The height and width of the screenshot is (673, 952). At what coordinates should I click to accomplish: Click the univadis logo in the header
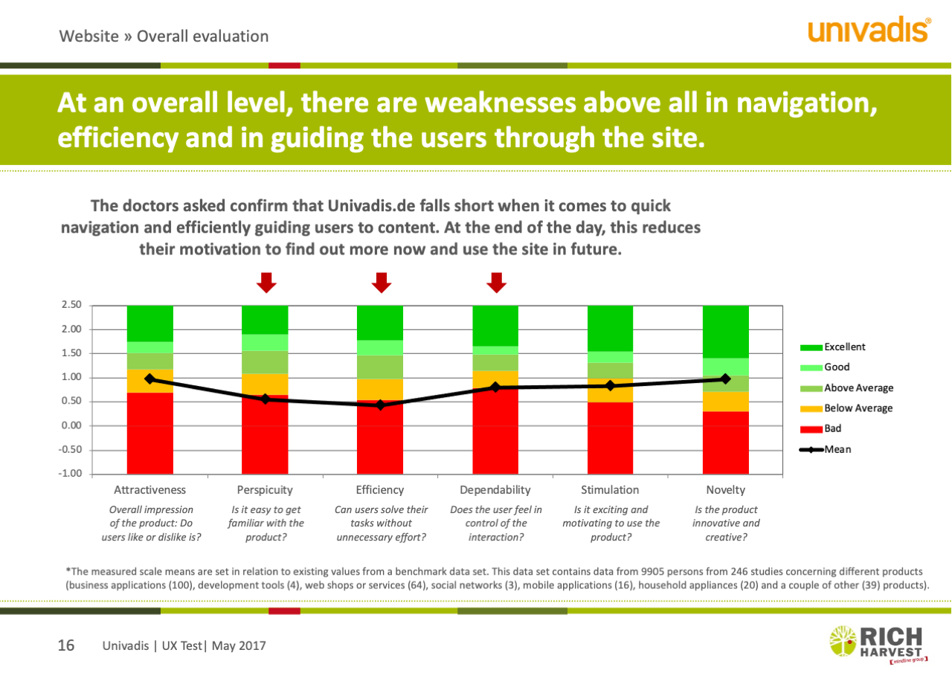(x=868, y=30)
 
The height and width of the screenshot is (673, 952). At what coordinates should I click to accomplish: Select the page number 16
(x=66, y=645)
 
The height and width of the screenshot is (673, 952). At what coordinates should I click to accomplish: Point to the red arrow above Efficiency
(x=382, y=282)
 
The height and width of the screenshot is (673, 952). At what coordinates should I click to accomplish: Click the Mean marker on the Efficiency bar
(x=381, y=405)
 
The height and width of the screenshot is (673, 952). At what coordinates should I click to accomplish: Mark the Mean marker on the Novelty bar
(x=726, y=379)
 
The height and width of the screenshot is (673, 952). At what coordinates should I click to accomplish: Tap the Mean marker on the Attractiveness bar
(x=150, y=379)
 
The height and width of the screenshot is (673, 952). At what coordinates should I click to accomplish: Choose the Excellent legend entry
(x=833, y=347)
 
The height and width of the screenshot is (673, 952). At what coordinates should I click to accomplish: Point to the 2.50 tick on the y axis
(x=71, y=306)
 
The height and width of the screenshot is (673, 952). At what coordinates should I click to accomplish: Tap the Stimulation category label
(x=610, y=490)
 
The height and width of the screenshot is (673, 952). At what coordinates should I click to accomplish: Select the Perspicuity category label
(x=265, y=490)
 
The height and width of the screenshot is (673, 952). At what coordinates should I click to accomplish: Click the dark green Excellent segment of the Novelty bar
(x=726, y=332)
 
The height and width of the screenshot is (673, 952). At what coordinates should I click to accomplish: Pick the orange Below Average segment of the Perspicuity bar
(x=265, y=384)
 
